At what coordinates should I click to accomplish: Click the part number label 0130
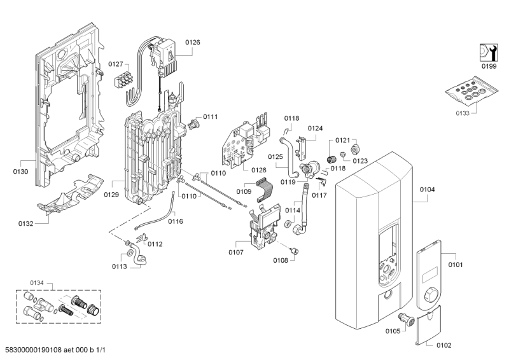tap(20, 170)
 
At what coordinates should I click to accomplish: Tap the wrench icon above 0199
tap(487, 52)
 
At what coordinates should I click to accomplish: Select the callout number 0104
tap(427, 190)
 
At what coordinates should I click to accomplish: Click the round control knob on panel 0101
tap(431, 296)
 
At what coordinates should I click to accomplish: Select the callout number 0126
tap(192, 43)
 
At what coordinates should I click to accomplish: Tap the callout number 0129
tap(112, 194)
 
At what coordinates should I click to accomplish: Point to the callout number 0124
tap(316, 128)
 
